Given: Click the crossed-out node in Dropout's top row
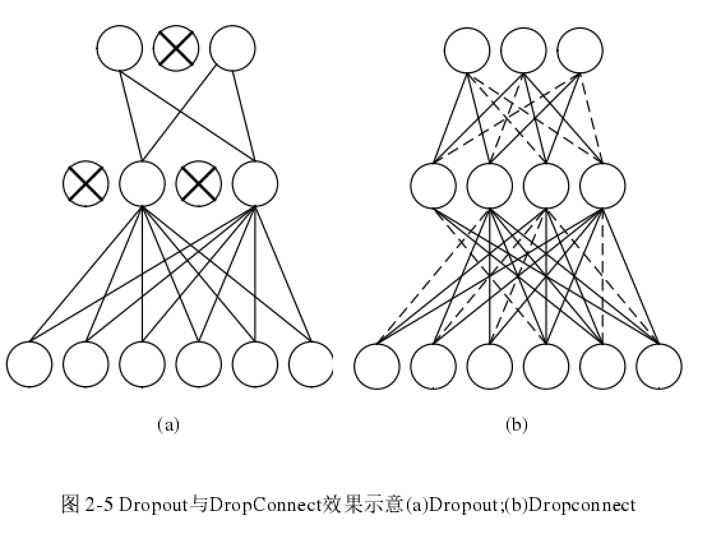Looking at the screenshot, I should click(176, 48).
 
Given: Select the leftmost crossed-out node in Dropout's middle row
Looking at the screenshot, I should click(85, 184).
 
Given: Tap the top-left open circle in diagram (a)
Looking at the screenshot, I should click(119, 48).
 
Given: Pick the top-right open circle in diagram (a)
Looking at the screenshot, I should click(232, 48).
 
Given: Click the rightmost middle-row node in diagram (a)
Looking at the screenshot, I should click(255, 184).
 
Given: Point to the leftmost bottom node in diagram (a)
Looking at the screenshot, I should click(29, 364).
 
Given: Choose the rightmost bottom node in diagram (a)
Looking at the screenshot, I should click(311, 364).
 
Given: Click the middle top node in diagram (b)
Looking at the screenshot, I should click(523, 50).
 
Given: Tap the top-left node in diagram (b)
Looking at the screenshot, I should click(467, 50).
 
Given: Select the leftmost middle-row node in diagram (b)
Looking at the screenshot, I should click(433, 186).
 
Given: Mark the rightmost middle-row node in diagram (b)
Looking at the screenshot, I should click(602, 186).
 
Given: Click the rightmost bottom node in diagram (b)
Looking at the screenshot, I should click(658, 366).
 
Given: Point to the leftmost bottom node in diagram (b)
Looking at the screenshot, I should click(377, 366).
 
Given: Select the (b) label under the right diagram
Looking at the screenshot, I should click(516, 425).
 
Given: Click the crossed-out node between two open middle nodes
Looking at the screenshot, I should click(198, 184).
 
